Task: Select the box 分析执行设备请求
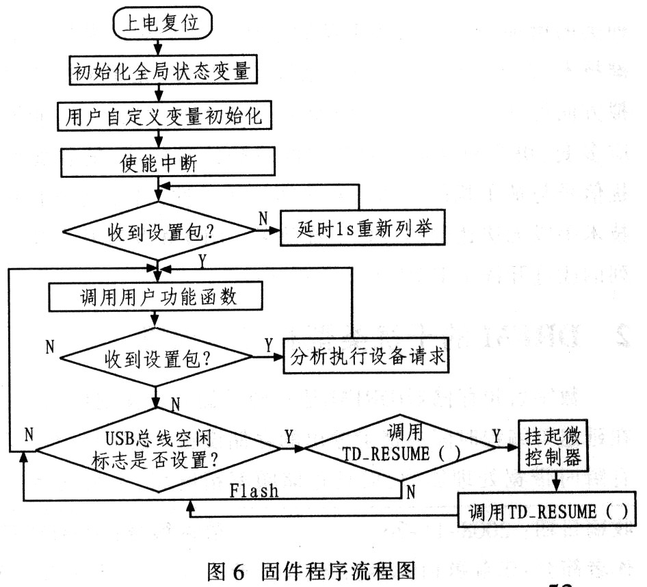coord(367,356)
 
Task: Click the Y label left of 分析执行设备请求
coord(268,343)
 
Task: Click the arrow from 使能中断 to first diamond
coord(159,187)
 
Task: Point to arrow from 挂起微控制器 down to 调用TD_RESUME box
coord(554,483)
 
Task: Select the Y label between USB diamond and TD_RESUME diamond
coord(289,436)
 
